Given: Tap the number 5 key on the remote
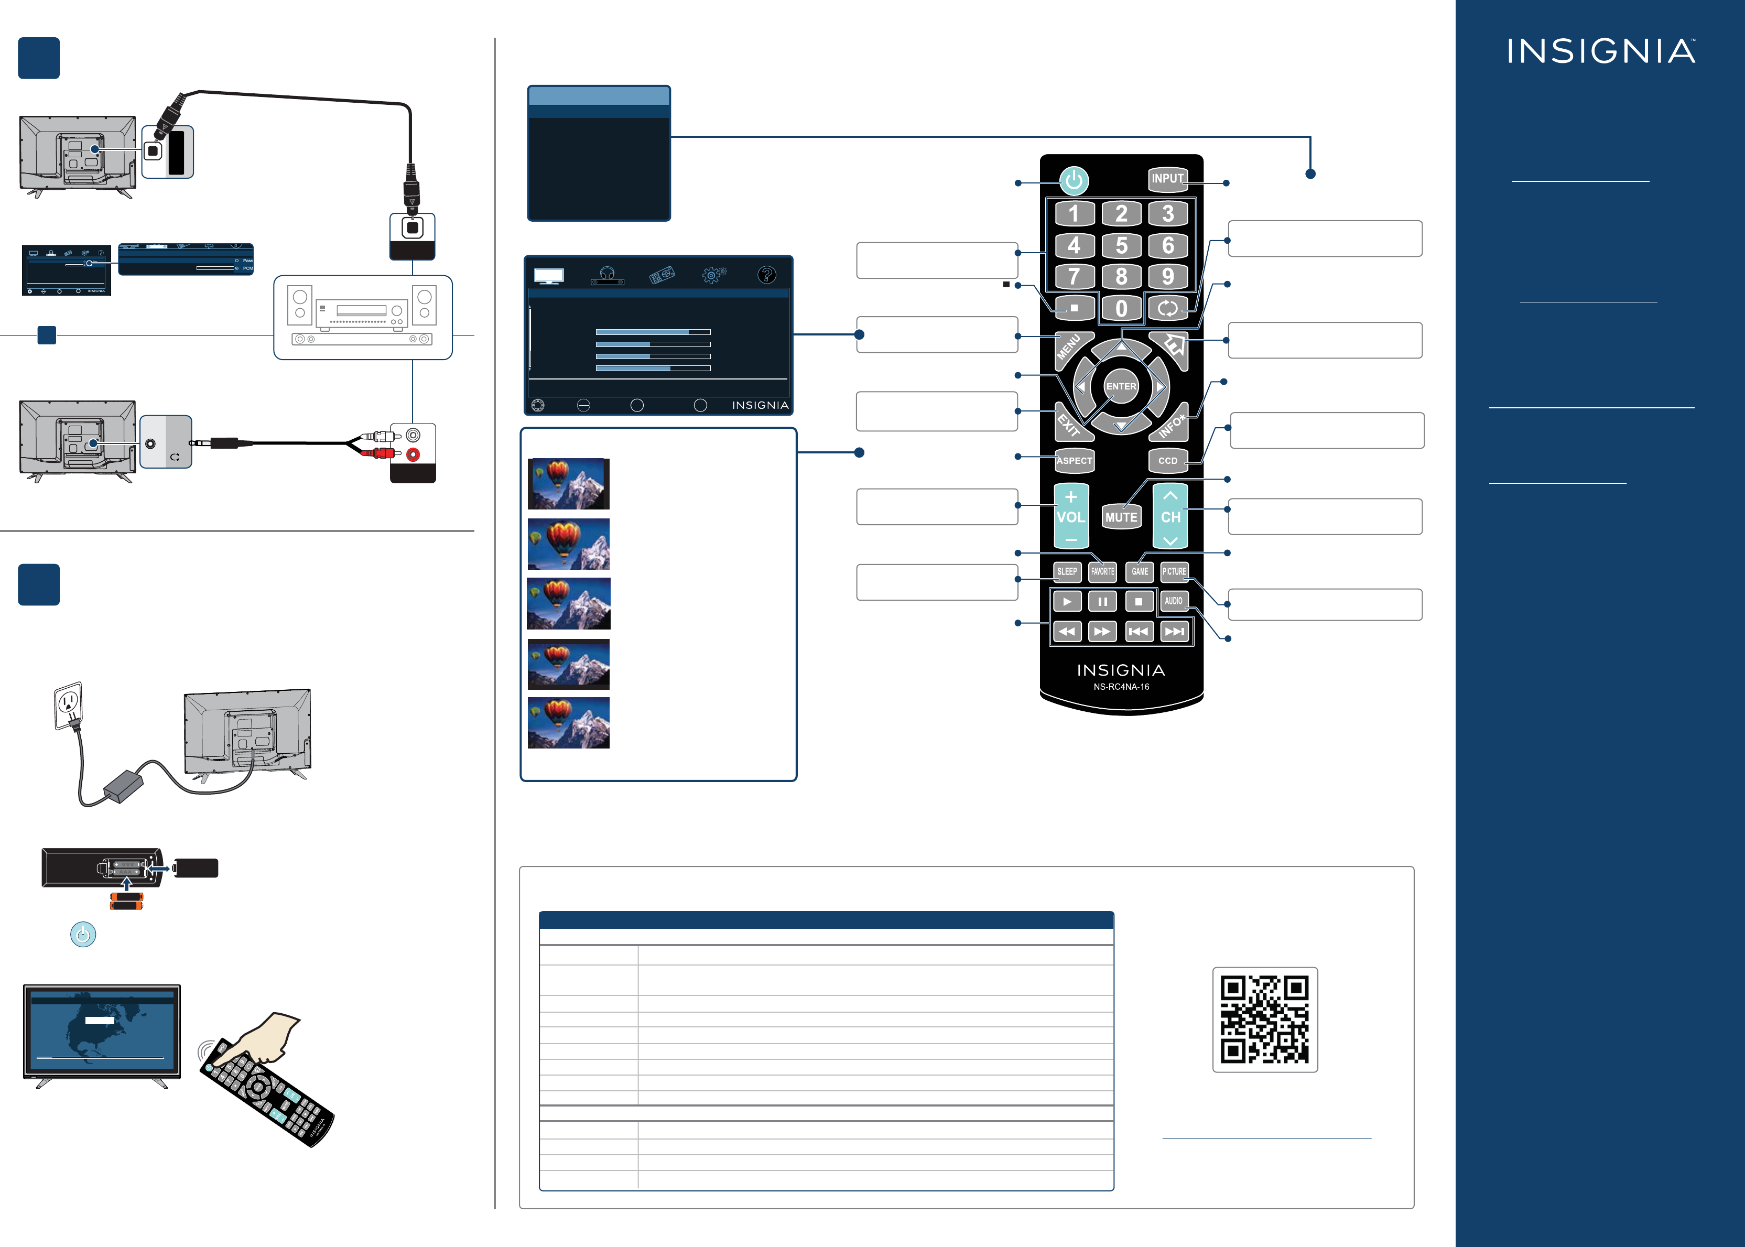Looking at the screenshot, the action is pos(1121,246).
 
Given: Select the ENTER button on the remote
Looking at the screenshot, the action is pos(1121,386).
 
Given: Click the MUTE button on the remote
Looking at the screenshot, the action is pos(1121,517).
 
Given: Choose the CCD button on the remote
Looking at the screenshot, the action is pos(1168,461).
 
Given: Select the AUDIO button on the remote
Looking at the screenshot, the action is pos(1174,601).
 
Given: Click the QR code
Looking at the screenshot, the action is pos(1264,1019).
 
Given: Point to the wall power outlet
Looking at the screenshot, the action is pos(68,703).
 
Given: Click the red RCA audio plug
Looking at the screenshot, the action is pos(382,453).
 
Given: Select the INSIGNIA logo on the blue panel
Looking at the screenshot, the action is pos(1601,51).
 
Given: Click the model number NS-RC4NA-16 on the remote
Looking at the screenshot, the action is pos(1121,687).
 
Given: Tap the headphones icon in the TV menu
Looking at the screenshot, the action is pos(607,275).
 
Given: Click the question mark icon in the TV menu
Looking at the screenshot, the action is pos(766,275).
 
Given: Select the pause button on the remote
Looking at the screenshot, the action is pos(1102,601).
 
